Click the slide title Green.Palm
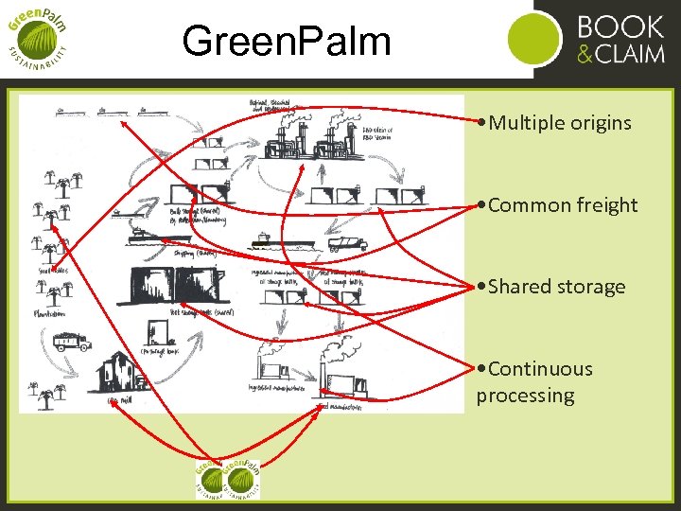286,41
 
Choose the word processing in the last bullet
525,396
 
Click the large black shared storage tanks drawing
174,285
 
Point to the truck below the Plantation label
71,340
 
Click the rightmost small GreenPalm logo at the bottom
244,479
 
